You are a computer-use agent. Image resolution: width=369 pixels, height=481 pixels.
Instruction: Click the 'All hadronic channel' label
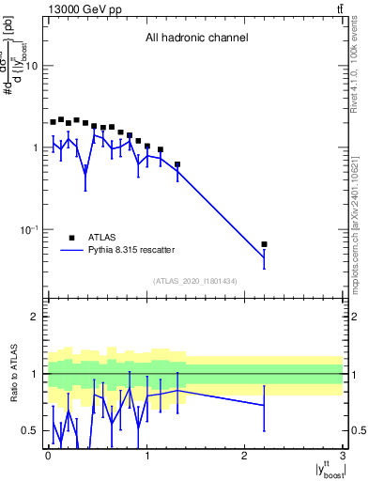point(196,39)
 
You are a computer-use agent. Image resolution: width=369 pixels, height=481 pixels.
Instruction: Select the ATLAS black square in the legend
point(71,238)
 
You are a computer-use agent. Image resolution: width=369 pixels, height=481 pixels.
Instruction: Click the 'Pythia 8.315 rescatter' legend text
point(131,251)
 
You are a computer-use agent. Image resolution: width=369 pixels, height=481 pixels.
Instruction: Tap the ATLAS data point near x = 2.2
point(264,244)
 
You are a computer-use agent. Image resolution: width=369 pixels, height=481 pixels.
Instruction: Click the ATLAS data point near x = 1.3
point(177,164)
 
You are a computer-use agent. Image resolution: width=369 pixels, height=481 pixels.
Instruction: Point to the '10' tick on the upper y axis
point(31,67)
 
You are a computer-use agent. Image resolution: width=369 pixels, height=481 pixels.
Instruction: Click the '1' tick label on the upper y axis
point(35,148)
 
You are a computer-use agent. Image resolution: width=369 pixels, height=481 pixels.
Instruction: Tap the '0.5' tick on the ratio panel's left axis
point(29,431)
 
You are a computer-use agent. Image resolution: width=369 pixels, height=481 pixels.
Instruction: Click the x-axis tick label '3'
point(343,456)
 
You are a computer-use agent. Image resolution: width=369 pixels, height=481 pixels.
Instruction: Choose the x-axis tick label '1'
point(146,456)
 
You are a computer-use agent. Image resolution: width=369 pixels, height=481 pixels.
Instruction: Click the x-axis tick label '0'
point(47,456)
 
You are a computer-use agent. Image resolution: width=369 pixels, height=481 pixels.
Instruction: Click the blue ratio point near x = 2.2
point(264,405)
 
